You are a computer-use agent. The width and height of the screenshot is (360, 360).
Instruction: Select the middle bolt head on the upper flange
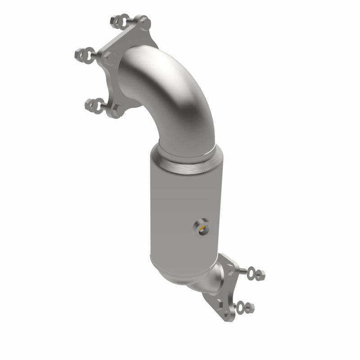click(110, 58)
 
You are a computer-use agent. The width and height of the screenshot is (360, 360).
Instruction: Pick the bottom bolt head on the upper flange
click(116, 108)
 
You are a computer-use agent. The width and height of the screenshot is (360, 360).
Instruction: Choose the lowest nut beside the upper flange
click(89, 105)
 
